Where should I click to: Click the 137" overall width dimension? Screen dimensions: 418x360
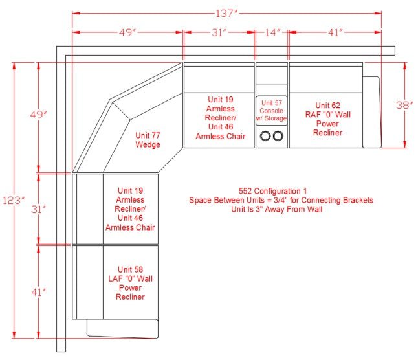226,13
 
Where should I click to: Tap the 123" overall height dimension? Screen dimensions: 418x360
14,200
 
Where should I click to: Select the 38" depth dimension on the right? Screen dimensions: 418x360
404,105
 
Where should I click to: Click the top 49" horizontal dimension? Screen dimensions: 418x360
127,32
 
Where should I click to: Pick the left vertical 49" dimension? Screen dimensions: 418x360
38,115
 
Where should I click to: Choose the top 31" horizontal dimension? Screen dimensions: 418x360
219,32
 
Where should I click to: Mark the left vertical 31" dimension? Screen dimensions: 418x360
38,209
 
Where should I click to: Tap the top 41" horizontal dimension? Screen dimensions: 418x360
335,32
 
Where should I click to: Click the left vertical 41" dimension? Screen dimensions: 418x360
38,292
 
